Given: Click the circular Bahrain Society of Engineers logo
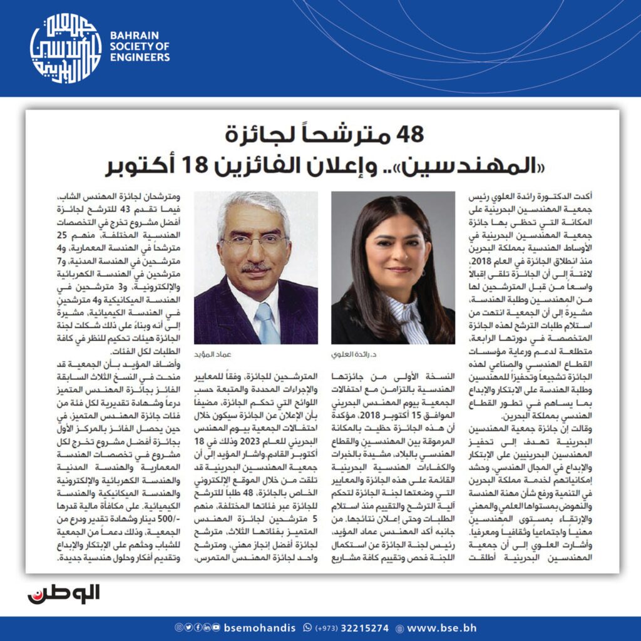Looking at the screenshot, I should [66, 48].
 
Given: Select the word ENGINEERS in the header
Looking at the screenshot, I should [139, 58].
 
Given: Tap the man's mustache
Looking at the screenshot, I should [257, 267].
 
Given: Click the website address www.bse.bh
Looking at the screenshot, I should [438, 627].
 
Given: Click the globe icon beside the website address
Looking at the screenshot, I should [400, 627].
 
